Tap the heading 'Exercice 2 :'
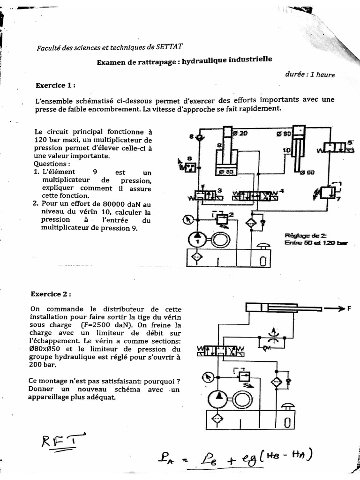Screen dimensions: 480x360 click(51, 294)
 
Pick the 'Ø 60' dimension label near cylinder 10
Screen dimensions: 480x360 click(307, 172)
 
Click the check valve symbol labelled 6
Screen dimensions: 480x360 click(199, 136)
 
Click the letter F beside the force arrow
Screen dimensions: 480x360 click(348, 308)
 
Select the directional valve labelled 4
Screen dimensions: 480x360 click(256, 195)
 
